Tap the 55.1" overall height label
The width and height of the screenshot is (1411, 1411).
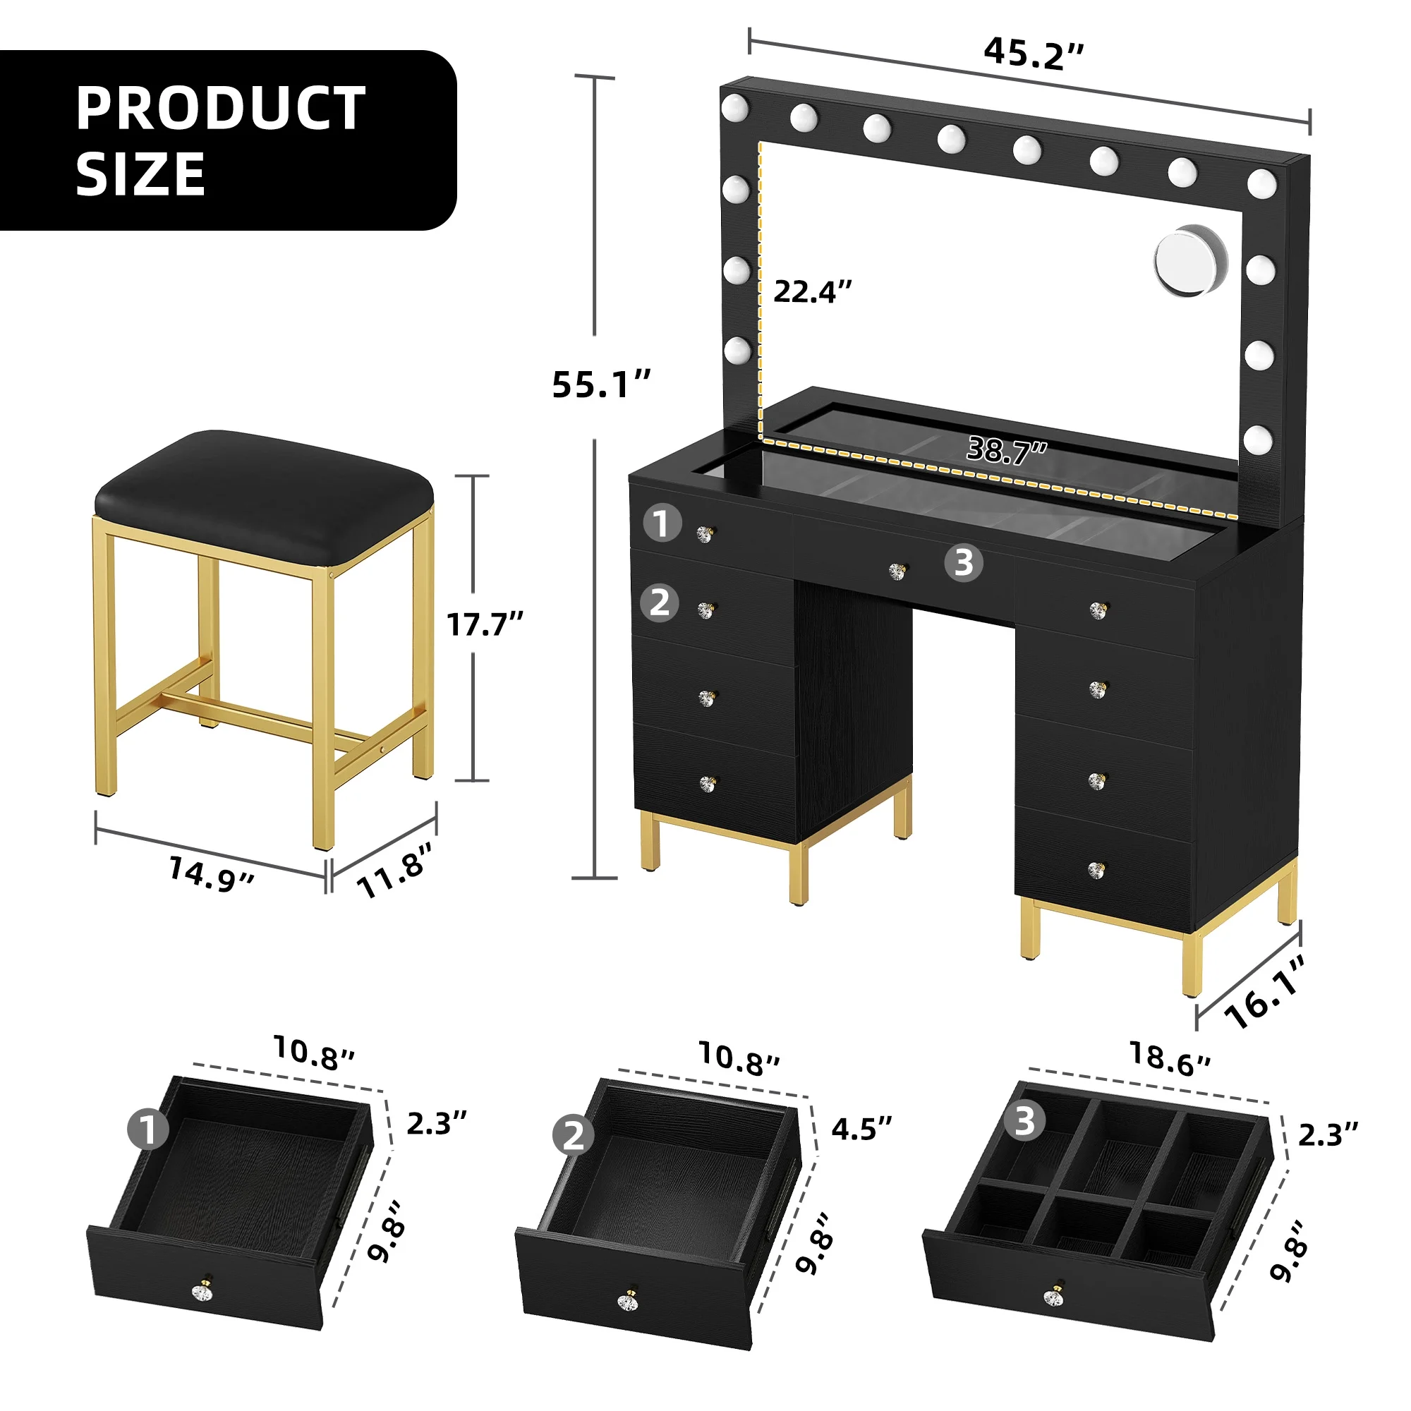coord(600,385)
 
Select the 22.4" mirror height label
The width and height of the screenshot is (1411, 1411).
coord(812,291)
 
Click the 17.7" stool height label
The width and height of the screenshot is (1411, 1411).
coord(485,624)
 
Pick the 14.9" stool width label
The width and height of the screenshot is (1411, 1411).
coord(211,873)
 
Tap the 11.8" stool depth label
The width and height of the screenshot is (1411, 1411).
coord(394,869)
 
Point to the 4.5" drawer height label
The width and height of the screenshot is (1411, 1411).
coord(862,1129)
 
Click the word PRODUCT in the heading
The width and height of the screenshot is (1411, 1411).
coord(221,109)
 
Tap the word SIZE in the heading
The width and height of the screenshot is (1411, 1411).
coord(140,174)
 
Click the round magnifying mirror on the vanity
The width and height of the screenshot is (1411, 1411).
coord(1190,262)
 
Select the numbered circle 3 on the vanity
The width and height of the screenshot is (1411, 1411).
coord(963,563)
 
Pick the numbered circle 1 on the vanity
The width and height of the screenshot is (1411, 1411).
coord(662,523)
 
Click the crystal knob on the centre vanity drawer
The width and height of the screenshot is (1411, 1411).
coord(897,571)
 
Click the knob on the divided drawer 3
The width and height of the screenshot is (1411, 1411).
coord(1053,1297)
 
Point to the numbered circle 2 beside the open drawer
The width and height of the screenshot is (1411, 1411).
coord(574,1136)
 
